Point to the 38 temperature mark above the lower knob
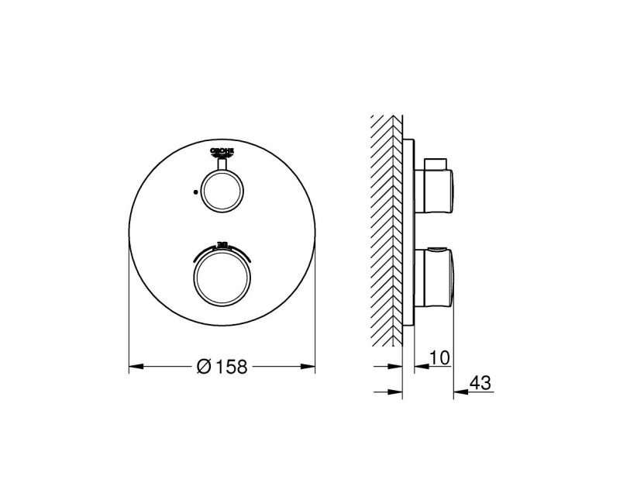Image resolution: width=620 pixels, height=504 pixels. pyautogui.click(x=222, y=243)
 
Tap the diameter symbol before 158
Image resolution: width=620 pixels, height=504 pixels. pyautogui.click(x=205, y=367)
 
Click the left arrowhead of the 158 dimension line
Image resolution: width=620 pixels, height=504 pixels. pyautogui.click(x=134, y=366)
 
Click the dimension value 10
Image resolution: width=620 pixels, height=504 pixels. pyautogui.click(x=439, y=357)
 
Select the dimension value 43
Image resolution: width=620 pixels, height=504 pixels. pyautogui.click(x=480, y=383)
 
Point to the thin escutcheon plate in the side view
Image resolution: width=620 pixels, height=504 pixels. pyautogui.click(x=409, y=233)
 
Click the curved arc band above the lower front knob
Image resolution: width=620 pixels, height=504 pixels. pyautogui.click(x=222, y=250)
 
